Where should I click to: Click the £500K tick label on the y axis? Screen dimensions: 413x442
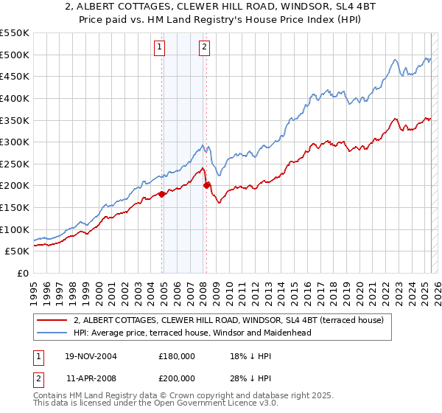pos(14,55)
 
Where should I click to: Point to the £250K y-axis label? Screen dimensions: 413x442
pos(14,164)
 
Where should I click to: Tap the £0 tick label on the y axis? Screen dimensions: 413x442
pos(22,273)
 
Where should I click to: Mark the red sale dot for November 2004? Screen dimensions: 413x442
pos(162,195)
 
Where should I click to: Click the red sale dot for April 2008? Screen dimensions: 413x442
pos(206,186)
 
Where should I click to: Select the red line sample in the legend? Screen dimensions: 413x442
pos(52,321)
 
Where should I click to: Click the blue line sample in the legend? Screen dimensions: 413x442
pos(52,333)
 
